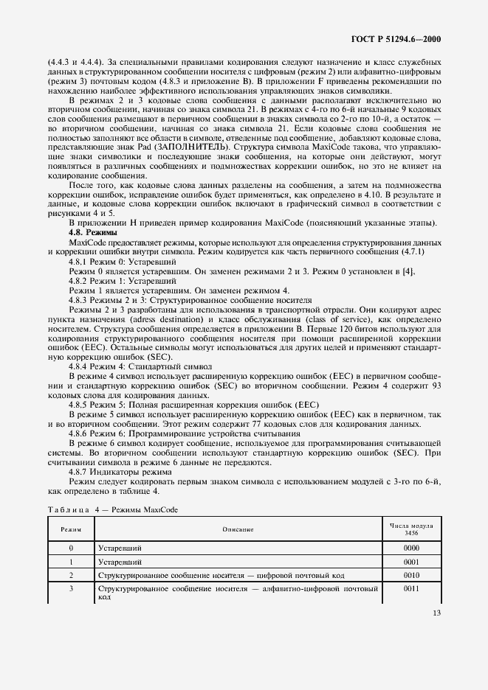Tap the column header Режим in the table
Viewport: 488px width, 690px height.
[x=71, y=529]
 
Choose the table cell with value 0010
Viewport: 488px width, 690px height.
[x=412, y=574]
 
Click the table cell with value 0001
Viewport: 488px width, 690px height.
[x=412, y=562]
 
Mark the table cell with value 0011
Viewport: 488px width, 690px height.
[x=412, y=589]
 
